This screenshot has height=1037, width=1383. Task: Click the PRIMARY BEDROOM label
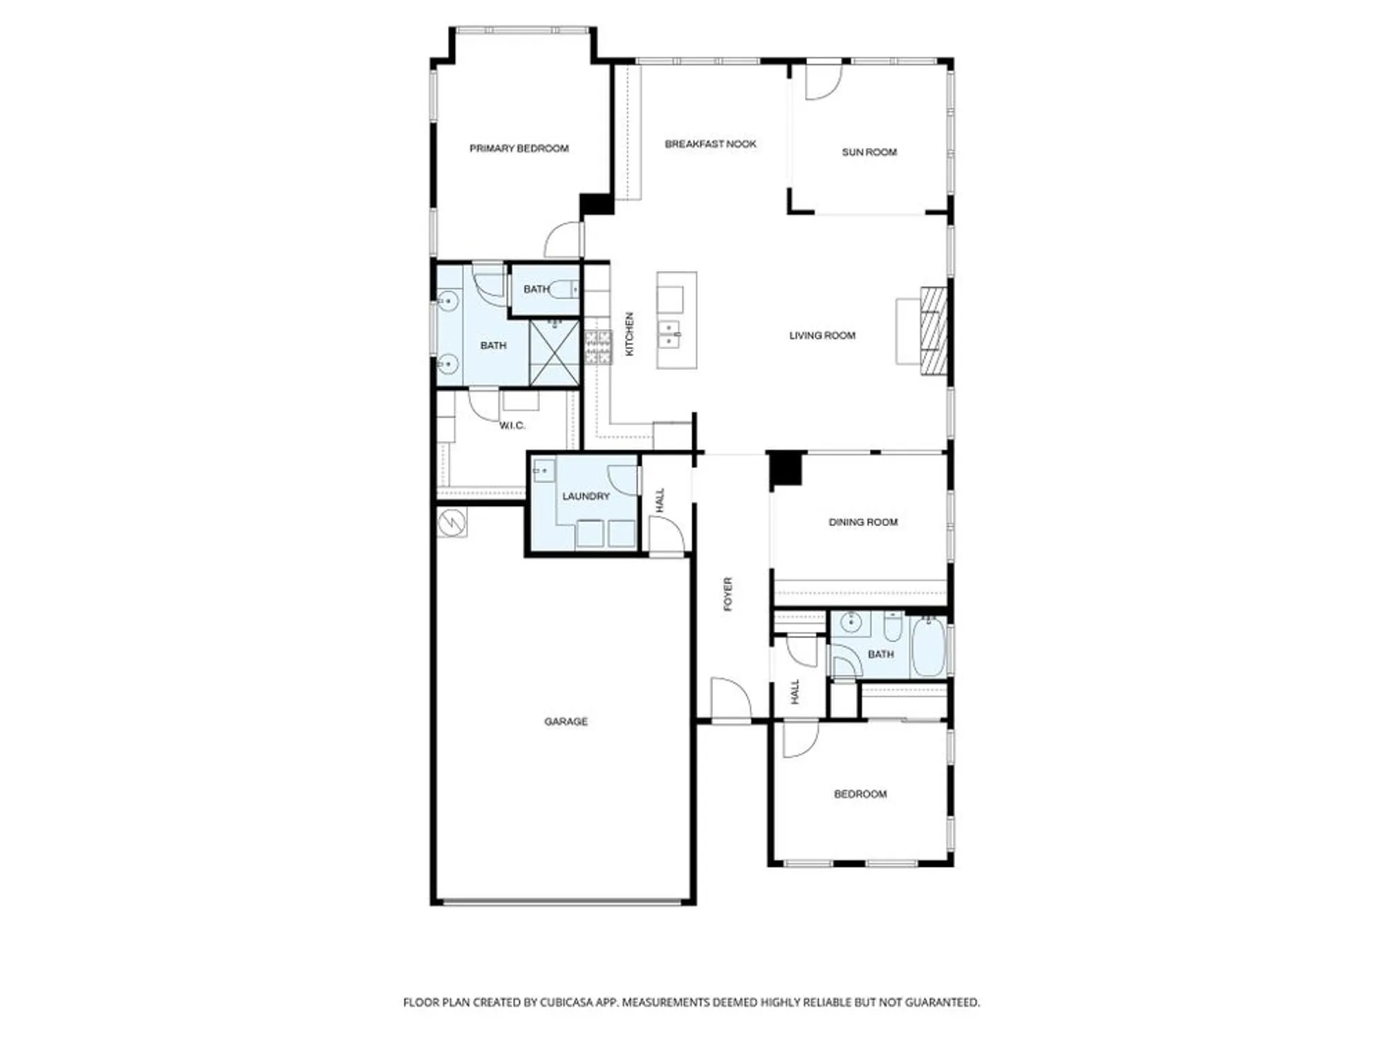pos(519,149)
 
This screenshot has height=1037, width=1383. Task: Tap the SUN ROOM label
pos(869,152)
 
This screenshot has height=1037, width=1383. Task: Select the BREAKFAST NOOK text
pos(710,144)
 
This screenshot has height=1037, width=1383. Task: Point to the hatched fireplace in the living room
pos(933,331)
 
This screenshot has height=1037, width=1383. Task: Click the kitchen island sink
pos(669,335)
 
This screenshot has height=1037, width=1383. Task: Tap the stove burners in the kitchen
pos(598,347)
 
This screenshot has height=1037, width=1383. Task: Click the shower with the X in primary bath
pos(554,352)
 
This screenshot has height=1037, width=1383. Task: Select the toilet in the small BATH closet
pos(563,289)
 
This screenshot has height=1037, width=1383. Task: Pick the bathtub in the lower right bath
pos(927,646)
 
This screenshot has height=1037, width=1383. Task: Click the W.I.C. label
pos(512,425)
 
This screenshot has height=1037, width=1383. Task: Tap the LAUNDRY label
pos(586,496)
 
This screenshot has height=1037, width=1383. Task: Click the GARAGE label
pos(566,721)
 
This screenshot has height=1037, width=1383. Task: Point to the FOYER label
pos(727,594)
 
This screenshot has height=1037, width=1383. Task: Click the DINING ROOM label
pos(863,522)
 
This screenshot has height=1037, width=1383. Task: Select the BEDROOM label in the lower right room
pos(860,794)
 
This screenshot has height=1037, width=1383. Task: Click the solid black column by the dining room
pos(786,468)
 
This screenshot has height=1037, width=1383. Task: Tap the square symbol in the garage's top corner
pos(452,522)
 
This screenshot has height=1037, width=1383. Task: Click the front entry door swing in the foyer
pos(730,698)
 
